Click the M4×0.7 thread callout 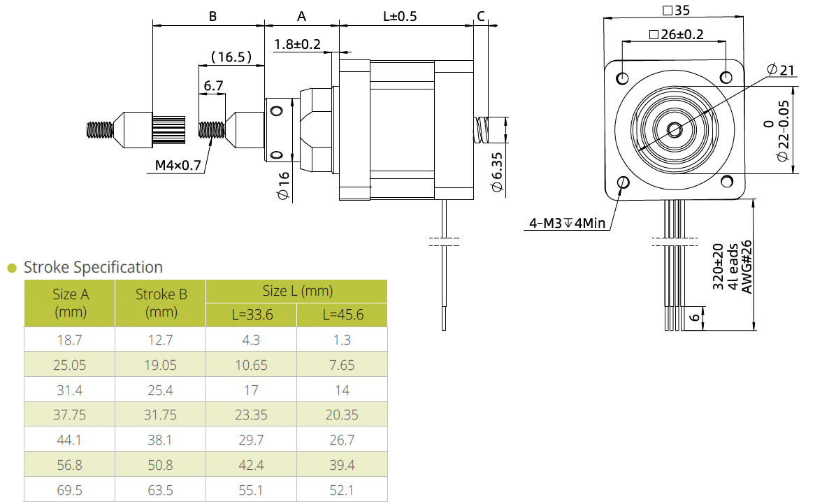(x=178, y=166)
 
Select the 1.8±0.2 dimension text (x=297, y=44)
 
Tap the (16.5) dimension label (x=231, y=57)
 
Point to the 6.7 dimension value (x=213, y=86)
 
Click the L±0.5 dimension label (x=400, y=16)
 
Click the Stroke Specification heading (x=93, y=267)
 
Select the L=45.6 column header (x=343, y=315)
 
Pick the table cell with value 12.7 (x=160, y=340)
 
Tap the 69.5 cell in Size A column (x=69, y=490)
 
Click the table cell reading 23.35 (x=251, y=415)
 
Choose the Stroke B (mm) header (x=161, y=303)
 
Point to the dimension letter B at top (x=212, y=16)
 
